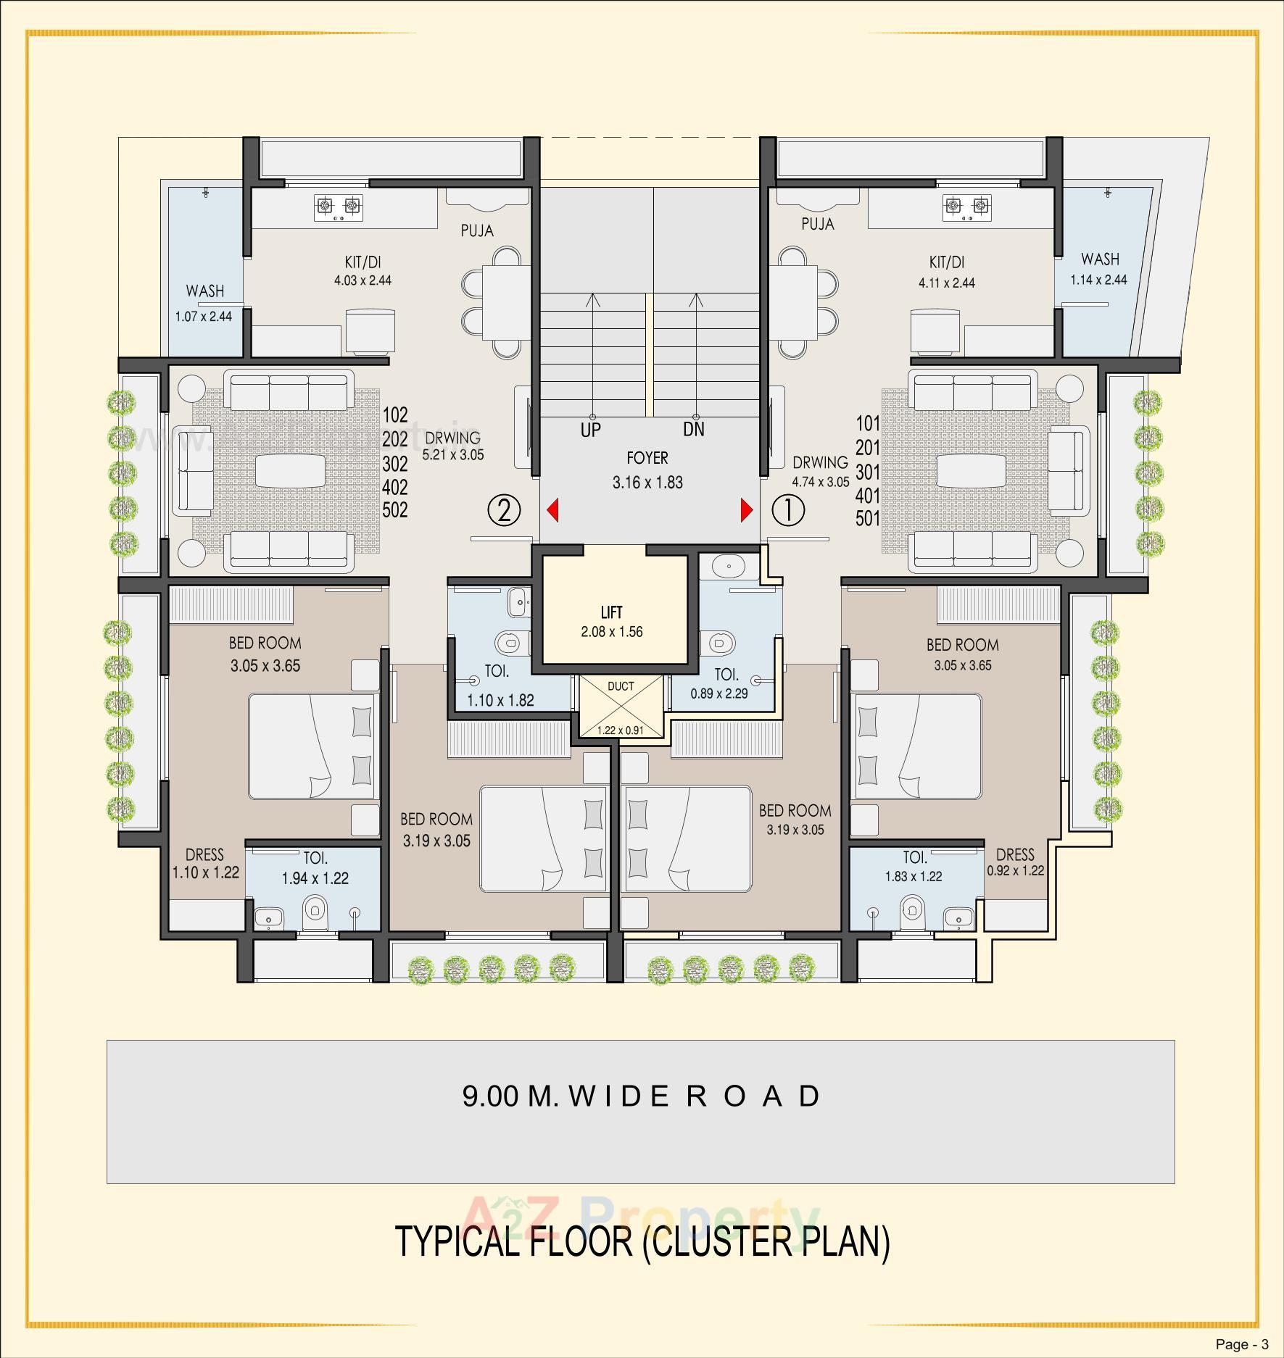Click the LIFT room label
(611, 612)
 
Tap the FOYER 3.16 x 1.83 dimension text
(647, 482)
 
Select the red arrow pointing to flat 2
(552, 510)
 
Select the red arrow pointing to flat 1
(746, 510)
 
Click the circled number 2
(504, 510)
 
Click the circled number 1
(788, 511)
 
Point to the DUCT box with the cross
(621, 707)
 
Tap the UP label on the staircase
(590, 430)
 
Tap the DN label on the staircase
(694, 430)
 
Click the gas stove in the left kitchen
(338, 207)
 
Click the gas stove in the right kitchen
(966, 207)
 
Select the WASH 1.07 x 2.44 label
(204, 303)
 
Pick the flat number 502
(395, 510)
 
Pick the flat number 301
(867, 472)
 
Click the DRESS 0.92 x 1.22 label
(1015, 862)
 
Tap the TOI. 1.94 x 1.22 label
(315, 868)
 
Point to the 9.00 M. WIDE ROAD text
(641, 1096)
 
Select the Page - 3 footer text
(1242, 1345)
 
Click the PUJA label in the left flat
(477, 230)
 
